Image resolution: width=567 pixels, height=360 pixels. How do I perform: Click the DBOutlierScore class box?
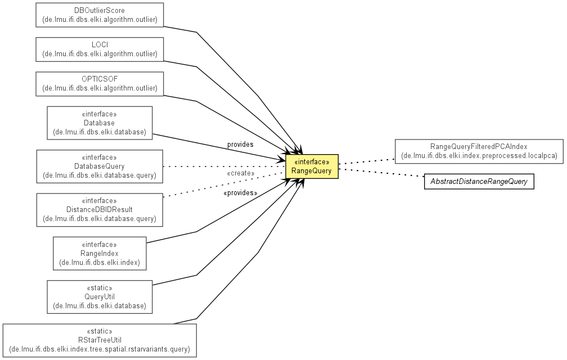point(100,15)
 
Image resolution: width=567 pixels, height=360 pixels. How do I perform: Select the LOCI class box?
point(100,49)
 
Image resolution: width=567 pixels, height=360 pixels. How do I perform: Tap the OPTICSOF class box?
point(100,84)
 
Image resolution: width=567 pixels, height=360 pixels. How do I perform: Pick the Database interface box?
point(100,123)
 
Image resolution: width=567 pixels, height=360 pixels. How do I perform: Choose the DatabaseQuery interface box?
point(100,166)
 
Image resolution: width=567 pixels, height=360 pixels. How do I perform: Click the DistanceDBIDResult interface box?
point(100,210)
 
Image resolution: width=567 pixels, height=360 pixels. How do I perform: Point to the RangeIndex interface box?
point(100,253)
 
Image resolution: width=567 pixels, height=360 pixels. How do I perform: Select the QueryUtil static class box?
point(100,297)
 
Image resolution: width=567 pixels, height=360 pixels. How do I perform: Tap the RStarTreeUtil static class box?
point(100,340)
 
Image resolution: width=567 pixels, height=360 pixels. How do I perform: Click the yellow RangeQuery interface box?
point(312,166)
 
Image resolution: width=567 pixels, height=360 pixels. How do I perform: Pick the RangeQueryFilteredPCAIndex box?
point(479,151)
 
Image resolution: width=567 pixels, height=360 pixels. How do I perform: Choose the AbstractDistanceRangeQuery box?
point(479,182)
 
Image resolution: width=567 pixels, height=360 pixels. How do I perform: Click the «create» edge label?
point(241,173)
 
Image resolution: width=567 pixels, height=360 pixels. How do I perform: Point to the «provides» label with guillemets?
point(241,193)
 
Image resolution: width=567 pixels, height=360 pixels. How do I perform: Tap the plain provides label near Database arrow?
point(240,144)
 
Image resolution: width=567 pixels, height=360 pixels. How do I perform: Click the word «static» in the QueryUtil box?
point(100,288)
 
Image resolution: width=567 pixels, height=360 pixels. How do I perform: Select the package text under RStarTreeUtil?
point(100,349)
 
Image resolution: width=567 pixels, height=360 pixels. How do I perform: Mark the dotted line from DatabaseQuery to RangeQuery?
point(224,166)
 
